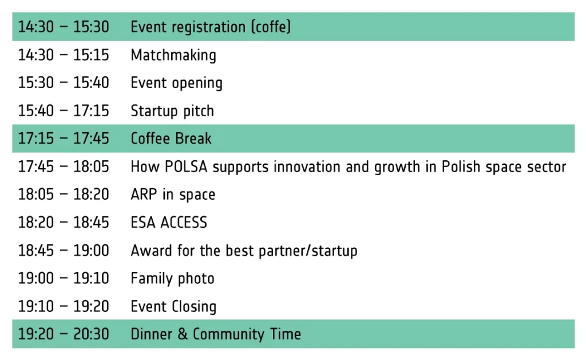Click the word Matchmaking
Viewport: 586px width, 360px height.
point(173,56)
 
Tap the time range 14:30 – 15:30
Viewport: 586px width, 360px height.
point(64,27)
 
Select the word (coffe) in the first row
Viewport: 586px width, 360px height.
point(271,27)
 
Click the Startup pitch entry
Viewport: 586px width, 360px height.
point(172,111)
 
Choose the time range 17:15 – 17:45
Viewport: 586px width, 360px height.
point(64,139)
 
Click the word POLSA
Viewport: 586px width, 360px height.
point(186,167)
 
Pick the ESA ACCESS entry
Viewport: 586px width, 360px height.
point(169,223)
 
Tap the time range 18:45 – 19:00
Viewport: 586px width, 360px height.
point(64,251)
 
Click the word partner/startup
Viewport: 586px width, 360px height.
point(308,251)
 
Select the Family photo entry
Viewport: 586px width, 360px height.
point(172,279)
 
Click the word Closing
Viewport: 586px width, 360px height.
point(194,307)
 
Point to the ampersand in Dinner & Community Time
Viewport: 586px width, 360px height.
point(183,334)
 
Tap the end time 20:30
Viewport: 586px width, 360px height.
point(91,334)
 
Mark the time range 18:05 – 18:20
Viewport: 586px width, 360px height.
point(64,195)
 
